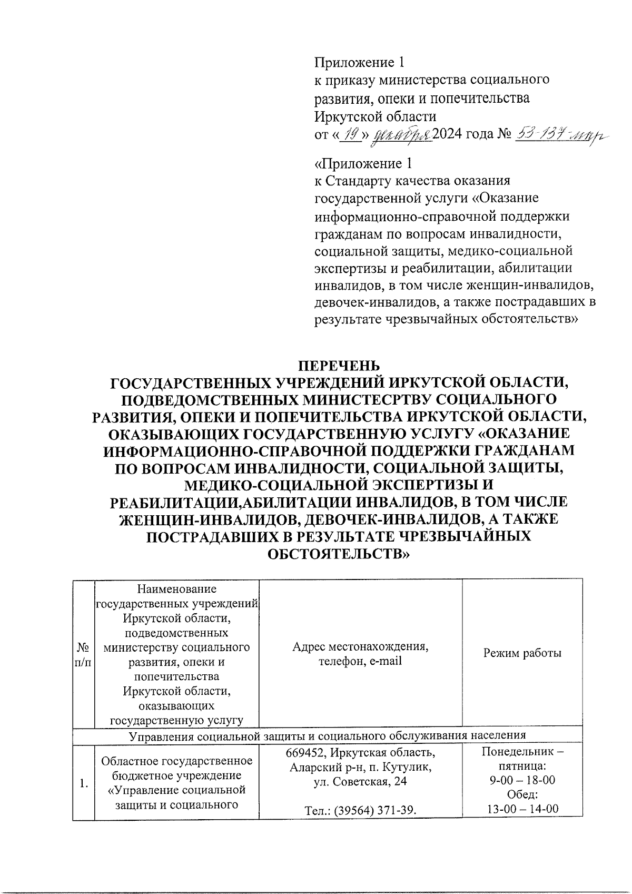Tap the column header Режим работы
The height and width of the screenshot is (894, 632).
coord(522,653)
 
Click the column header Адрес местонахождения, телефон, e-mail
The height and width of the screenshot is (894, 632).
coord(360,653)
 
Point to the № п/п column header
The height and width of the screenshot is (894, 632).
coord(83,654)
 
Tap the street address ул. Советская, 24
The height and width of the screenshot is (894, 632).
coord(360,782)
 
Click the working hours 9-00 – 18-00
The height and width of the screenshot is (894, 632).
coord(522,780)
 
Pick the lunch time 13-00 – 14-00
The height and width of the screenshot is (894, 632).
coord(522,809)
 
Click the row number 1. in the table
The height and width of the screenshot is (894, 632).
coord(83,784)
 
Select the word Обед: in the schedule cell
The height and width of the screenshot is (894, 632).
coord(521,794)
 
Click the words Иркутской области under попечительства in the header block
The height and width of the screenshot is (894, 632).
coord(375,116)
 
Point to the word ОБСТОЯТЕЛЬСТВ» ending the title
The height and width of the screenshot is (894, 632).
coord(339,554)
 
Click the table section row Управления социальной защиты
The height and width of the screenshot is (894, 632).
coord(327,735)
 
